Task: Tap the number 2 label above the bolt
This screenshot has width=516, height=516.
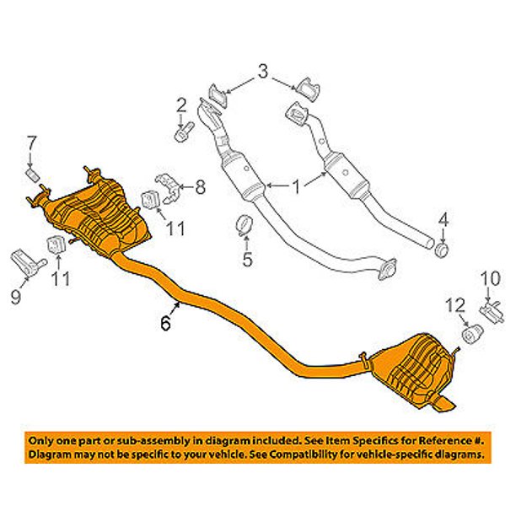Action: (180, 105)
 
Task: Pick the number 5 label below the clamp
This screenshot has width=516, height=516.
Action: (247, 260)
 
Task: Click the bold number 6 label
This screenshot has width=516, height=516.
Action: (166, 321)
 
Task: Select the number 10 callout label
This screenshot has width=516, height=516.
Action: (490, 277)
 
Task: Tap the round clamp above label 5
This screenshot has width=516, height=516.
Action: (245, 226)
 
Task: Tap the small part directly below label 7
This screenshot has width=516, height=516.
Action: (32, 173)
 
